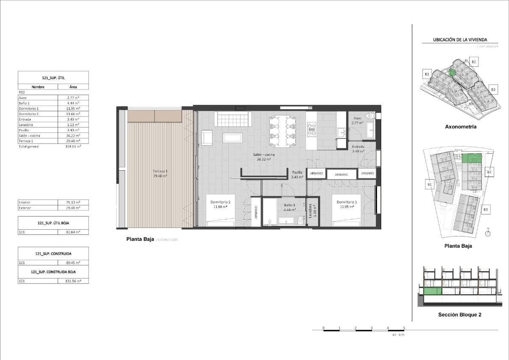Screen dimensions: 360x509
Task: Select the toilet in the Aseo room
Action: [x=369, y=115]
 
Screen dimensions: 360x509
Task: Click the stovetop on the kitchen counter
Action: [x=312, y=129]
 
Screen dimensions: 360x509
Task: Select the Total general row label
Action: [x=29, y=146]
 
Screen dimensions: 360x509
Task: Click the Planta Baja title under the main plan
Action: [x=140, y=239]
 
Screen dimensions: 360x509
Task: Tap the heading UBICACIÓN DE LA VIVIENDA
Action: [x=460, y=40]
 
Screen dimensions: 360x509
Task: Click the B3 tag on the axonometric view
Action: [x=493, y=90]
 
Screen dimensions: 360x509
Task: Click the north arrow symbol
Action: [x=488, y=232]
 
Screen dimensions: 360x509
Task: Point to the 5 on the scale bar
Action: [x=404, y=328]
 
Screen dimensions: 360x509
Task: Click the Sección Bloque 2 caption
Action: [x=459, y=315]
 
